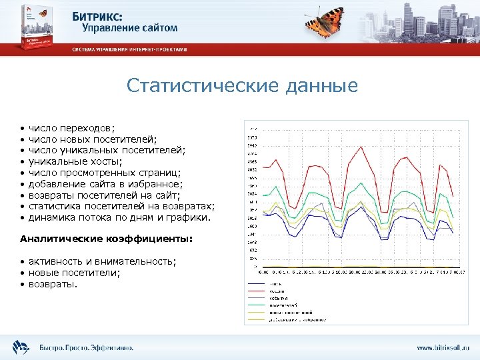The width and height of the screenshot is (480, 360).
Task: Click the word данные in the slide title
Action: coord(322,86)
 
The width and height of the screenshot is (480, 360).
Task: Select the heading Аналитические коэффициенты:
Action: coord(106,239)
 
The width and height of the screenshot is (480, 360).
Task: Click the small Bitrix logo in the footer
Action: coord(20,347)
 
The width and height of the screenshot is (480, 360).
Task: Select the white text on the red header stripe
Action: coord(129,49)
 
